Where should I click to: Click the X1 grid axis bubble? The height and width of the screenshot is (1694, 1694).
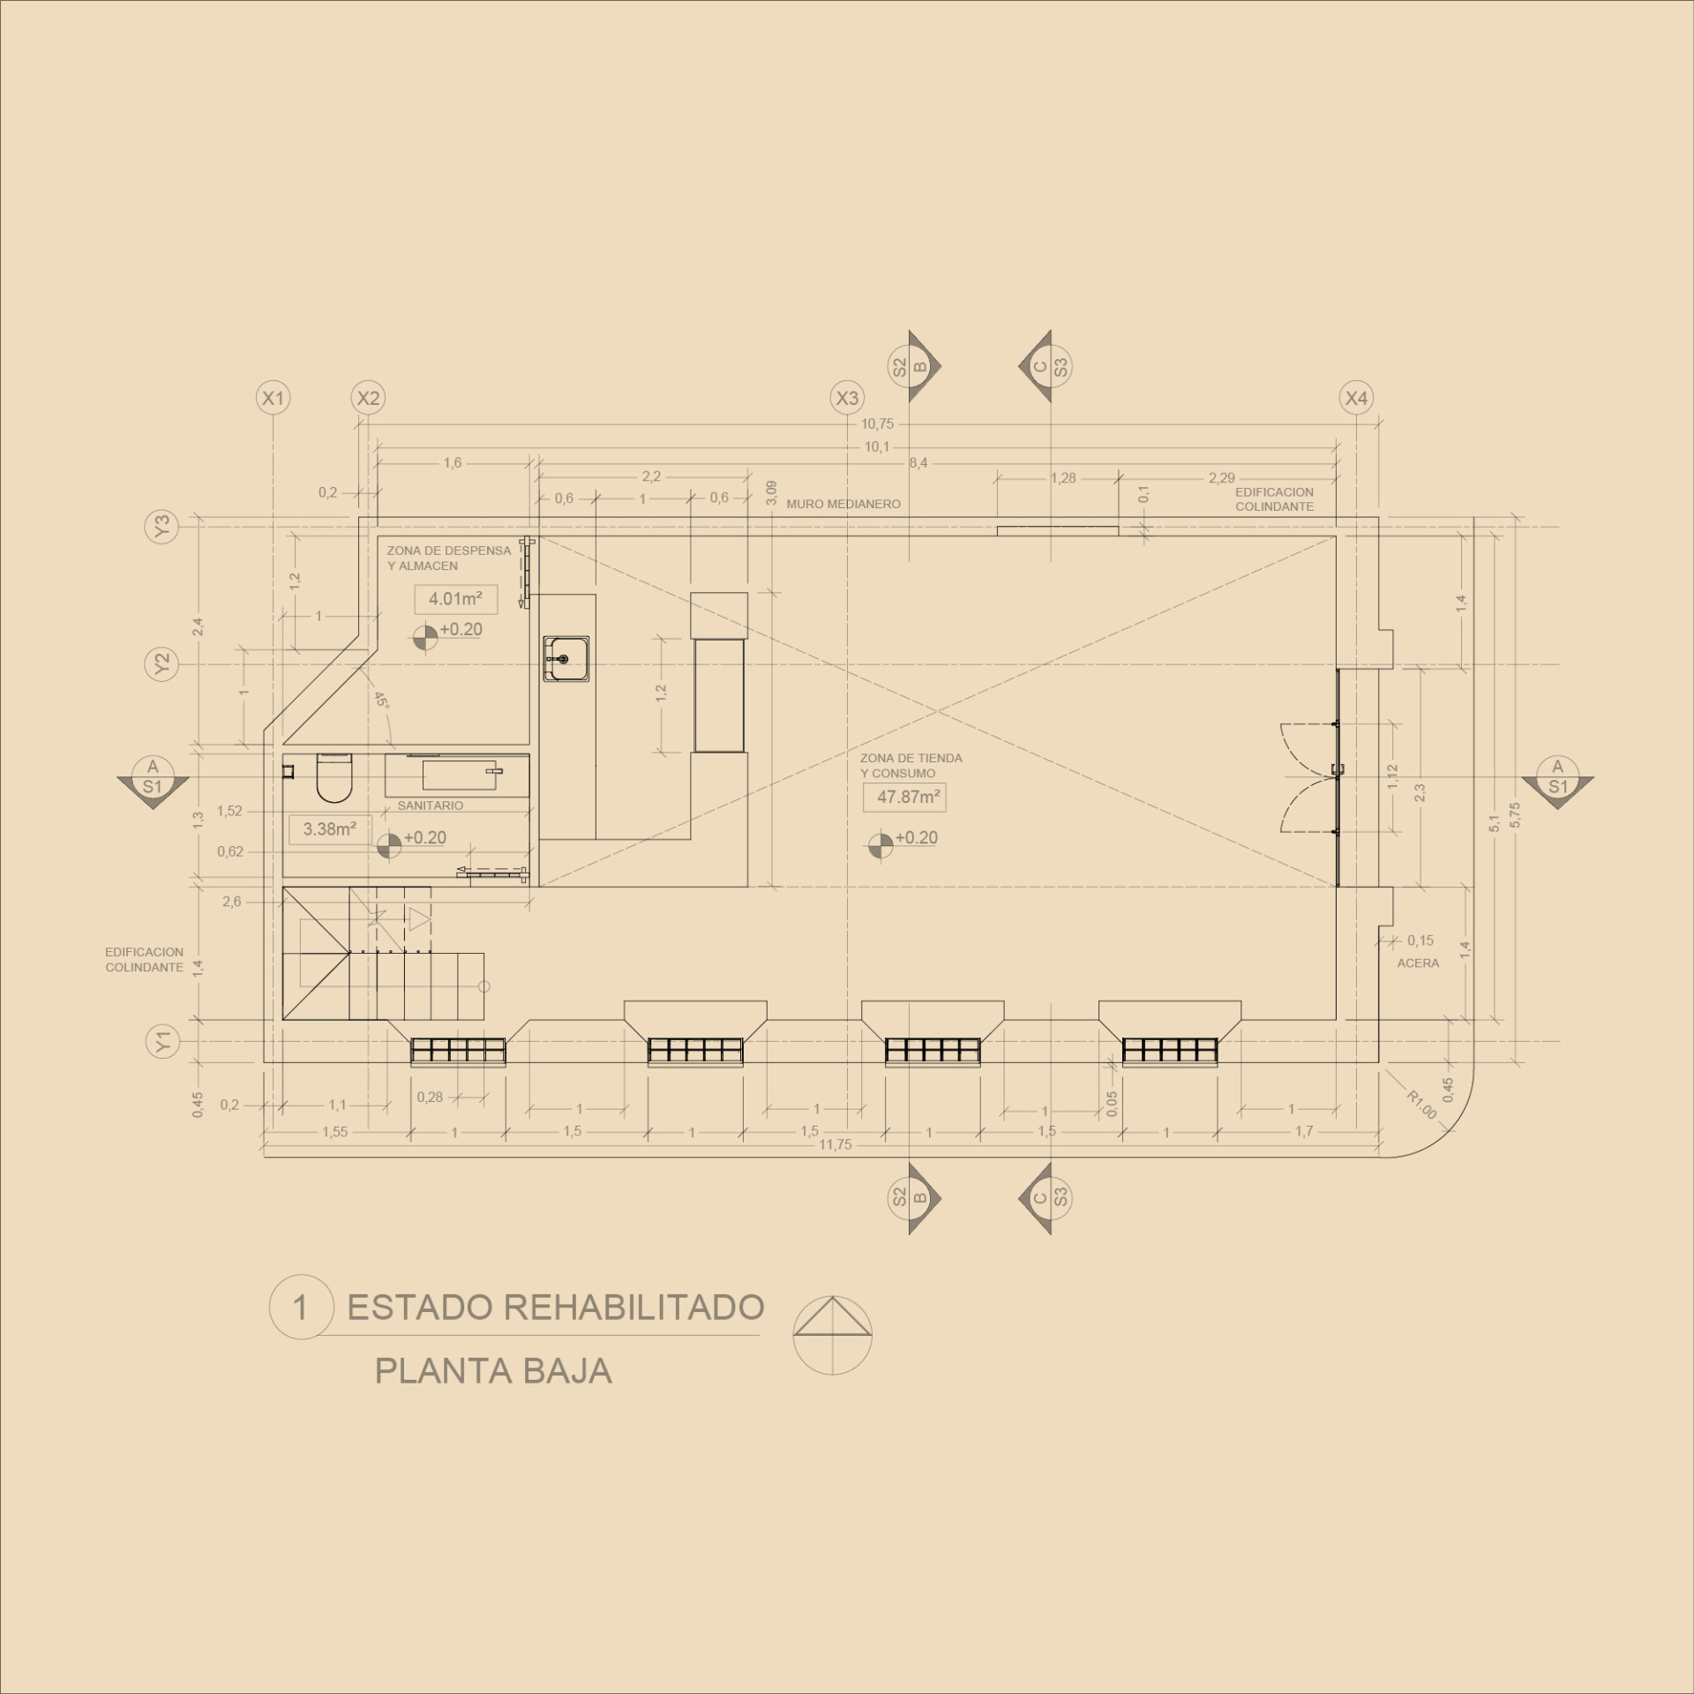(274, 398)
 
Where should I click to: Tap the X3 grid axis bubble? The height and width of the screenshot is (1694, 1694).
(847, 398)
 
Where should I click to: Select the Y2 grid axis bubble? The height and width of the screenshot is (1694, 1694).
(161, 663)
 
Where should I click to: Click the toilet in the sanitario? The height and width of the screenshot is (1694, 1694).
(334, 777)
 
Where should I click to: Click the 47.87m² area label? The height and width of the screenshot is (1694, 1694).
(907, 798)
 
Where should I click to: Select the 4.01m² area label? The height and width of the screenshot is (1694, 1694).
(455, 599)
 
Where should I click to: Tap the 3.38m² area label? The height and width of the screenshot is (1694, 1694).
(330, 829)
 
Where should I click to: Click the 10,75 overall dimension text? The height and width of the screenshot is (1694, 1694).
(877, 424)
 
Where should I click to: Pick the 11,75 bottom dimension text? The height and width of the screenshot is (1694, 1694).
(835, 1144)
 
